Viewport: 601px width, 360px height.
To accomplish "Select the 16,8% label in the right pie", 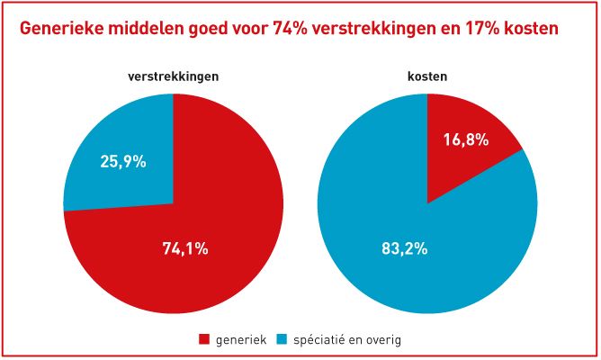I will (466, 139).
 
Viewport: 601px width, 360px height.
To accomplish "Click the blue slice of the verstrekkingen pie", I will (108, 144).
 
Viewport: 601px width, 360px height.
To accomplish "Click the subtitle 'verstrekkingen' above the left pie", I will (174, 77).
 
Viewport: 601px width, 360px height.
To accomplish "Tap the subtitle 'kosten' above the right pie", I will (427, 77).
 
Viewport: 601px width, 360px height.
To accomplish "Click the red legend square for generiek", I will (203, 339).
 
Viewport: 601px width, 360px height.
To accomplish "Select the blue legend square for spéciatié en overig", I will (282, 339).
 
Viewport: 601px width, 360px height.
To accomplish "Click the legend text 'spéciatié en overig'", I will (346, 339).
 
